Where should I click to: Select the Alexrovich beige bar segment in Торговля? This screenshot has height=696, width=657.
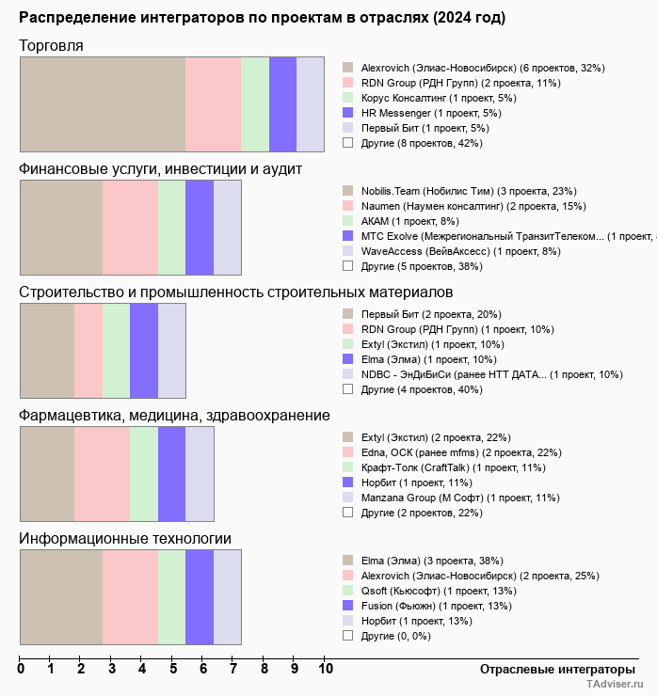pyautogui.click(x=103, y=103)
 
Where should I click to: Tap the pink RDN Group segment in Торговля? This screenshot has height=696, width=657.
pyautogui.click(x=213, y=103)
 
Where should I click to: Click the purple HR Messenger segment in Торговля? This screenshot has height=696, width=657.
pyautogui.click(x=282, y=103)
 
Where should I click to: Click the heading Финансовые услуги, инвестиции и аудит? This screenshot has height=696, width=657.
pyautogui.click(x=160, y=168)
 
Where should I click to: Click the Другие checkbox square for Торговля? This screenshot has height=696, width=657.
pyautogui.click(x=348, y=143)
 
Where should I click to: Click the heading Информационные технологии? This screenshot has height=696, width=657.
pyautogui.click(x=125, y=538)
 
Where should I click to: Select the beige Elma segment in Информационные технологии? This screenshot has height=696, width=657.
pyautogui.click(x=61, y=597)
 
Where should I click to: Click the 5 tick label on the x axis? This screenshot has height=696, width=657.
pyautogui.click(x=173, y=670)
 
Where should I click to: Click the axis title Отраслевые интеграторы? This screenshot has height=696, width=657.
pyautogui.click(x=552, y=669)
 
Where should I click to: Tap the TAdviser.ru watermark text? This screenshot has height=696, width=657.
pyautogui.click(x=615, y=686)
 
